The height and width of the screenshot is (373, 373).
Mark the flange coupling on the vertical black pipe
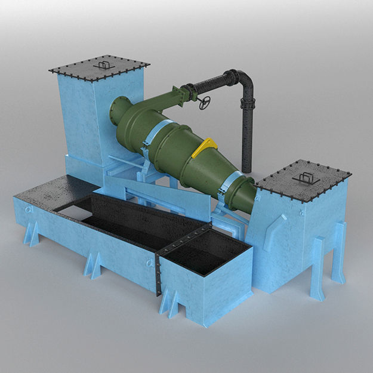click(246, 105)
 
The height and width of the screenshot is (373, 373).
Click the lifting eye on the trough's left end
click(26, 210)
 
